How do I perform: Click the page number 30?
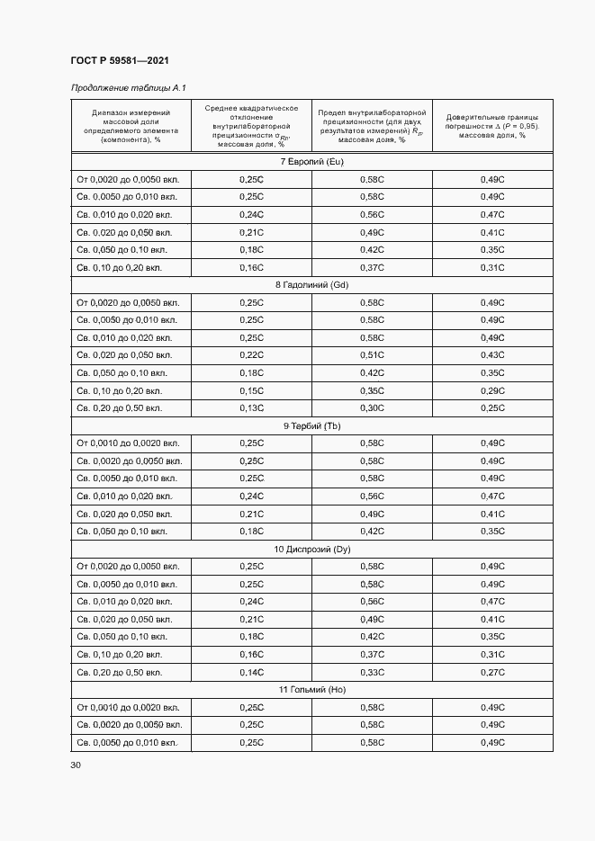click(76, 765)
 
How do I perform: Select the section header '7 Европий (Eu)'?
click(311, 162)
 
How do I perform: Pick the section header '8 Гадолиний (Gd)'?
click(311, 285)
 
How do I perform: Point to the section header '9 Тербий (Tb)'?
click(311, 425)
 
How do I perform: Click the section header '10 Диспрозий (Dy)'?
click(311, 549)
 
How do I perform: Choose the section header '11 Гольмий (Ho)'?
click(311, 689)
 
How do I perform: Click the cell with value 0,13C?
click(251, 407)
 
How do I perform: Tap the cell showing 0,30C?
click(372, 407)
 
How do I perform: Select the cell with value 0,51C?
click(372, 355)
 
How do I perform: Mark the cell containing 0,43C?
click(492, 355)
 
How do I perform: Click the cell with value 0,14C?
click(251, 672)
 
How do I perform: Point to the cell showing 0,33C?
click(372, 672)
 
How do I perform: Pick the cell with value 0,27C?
click(492, 672)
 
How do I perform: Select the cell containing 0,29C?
click(492, 390)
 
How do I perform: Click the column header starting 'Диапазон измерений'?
click(131, 126)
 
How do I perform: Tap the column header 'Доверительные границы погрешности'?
click(492, 126)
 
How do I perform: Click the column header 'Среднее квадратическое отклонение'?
click(251, 126)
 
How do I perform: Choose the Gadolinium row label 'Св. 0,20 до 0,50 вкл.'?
click(120, 407)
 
